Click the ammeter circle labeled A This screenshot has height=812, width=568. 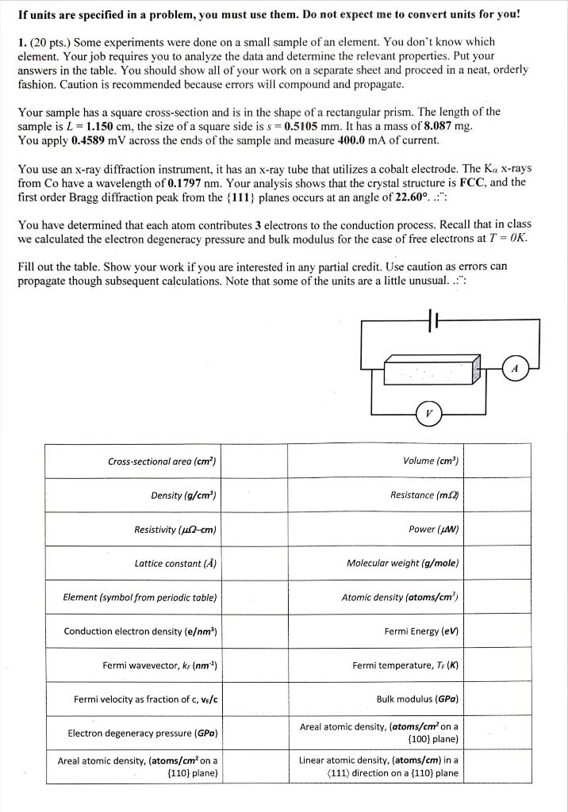515,368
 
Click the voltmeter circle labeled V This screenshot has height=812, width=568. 429,413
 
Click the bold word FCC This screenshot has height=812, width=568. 472,182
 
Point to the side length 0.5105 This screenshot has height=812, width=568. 305,127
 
